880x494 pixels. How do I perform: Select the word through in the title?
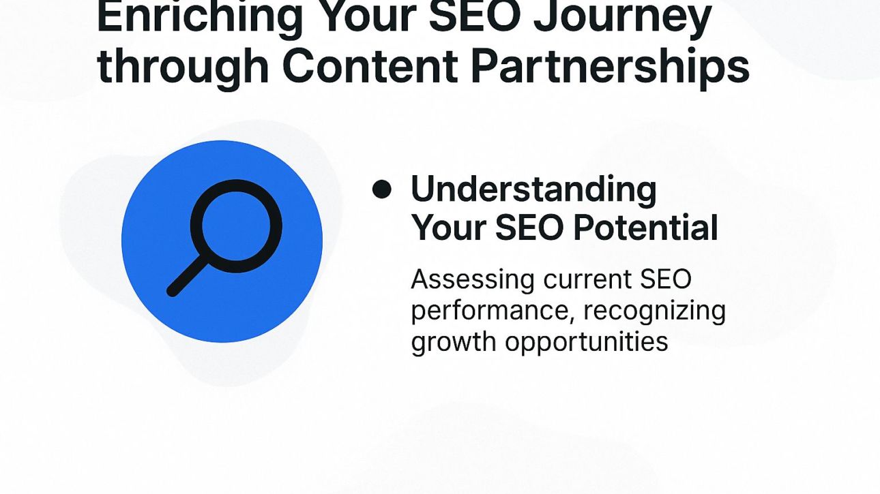[x=181, y=66]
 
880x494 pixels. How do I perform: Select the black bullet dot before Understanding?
[x=382, y=189]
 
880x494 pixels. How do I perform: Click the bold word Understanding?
[x=533, y=190]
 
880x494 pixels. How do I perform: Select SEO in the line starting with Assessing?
[x=665, y=279]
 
